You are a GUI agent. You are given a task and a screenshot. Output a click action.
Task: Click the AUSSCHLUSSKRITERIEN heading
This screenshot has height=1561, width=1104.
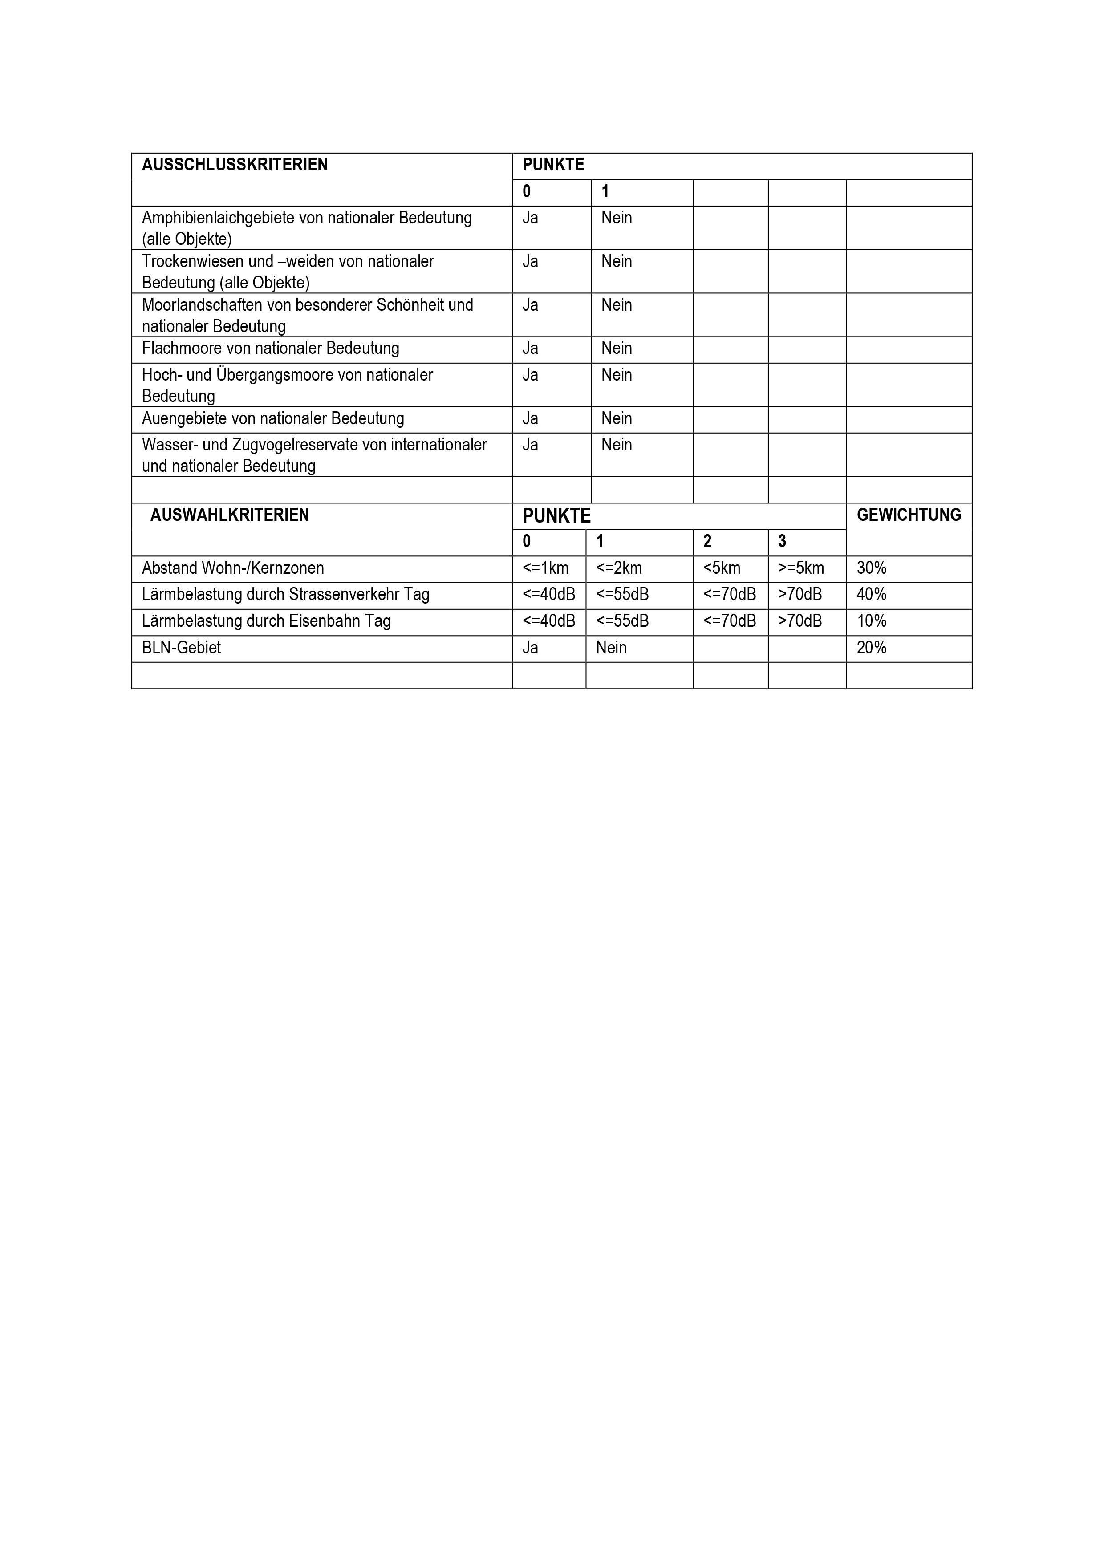tap(235, 165)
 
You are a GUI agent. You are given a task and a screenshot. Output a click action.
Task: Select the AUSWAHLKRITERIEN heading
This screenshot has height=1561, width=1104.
tap(229, 515)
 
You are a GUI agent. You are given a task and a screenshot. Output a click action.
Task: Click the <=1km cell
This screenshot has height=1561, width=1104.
tap(545, 568)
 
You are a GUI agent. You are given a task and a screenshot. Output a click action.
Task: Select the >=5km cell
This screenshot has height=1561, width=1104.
tap(801, 568)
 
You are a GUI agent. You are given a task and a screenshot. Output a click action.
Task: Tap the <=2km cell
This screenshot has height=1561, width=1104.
tap(619, 568)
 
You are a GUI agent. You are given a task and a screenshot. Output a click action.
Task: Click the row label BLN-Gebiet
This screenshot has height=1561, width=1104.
tap(182, 648)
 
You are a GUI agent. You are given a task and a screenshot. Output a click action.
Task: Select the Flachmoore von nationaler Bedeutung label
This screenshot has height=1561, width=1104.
tap(271, 349)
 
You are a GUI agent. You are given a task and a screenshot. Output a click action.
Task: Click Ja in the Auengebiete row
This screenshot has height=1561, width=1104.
tap(530, 419)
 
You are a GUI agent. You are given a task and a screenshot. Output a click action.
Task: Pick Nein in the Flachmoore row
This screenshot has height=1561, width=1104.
tap(617, 349)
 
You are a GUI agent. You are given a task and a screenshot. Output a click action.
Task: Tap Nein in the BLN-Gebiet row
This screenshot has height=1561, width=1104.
tap(611, 648)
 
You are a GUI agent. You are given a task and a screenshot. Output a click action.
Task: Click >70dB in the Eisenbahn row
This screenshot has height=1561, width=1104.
tap(800, 621)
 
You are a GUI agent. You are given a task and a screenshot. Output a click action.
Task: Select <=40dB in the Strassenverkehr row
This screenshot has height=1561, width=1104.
tap(548, 595)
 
